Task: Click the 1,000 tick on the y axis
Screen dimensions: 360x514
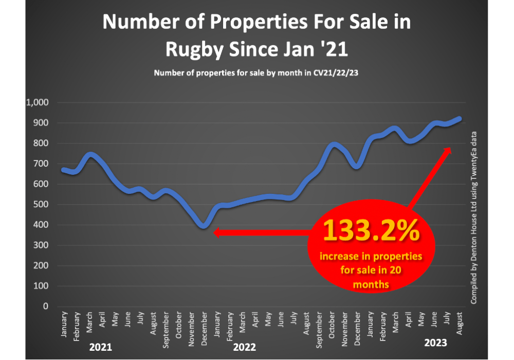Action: click(x=36, y=102)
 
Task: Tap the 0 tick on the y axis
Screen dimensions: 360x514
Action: click(x=45, y=306)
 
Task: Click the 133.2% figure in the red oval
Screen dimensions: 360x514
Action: click(x=371, y=232)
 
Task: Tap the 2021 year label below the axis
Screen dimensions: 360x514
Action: click(x=100, y=347)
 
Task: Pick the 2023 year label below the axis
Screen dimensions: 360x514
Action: click(x=436, y=342)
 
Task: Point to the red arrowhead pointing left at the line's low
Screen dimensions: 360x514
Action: click(x=216, y=233)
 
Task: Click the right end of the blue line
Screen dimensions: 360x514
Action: click(x=460, y=118)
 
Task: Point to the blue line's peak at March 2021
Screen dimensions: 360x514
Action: click(x=90, y=154)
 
